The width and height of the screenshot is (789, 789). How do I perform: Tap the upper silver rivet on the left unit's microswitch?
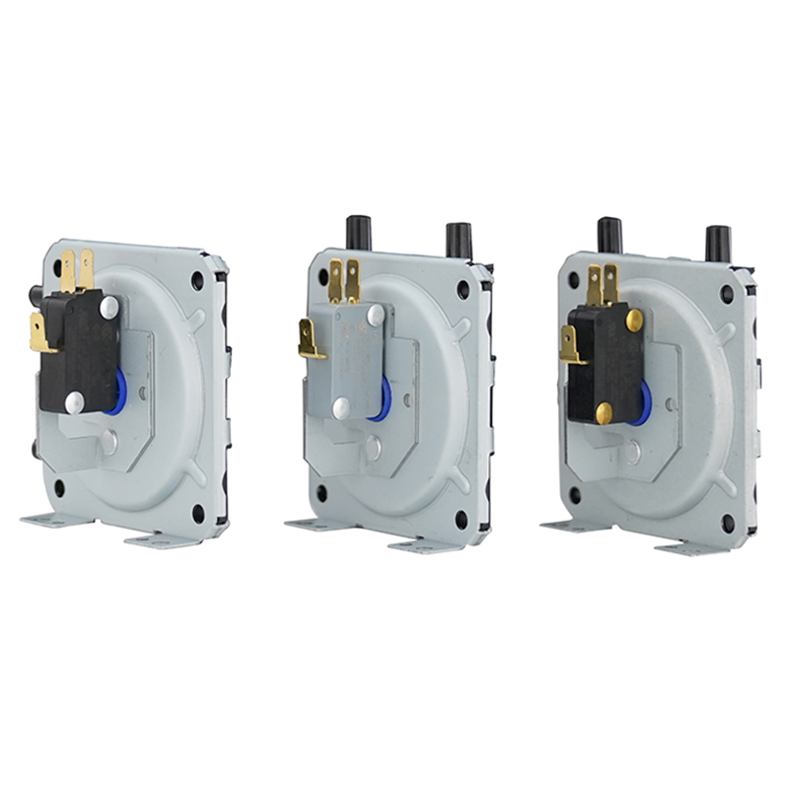pos(108,308)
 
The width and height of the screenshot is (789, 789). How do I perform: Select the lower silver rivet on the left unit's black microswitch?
pos(75,401)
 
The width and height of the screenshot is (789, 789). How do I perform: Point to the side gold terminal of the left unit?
pos(40,333)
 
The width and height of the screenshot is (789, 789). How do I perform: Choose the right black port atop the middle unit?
pos(459,240)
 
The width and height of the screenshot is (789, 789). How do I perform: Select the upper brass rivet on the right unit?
pos(634,320)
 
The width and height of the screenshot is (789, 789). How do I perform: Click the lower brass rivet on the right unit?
pos(604,413)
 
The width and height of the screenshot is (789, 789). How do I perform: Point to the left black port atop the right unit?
pos(610,235)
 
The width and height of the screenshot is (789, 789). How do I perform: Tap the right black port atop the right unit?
pos(718,244)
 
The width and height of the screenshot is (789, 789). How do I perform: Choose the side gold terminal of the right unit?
pos(570,345)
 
